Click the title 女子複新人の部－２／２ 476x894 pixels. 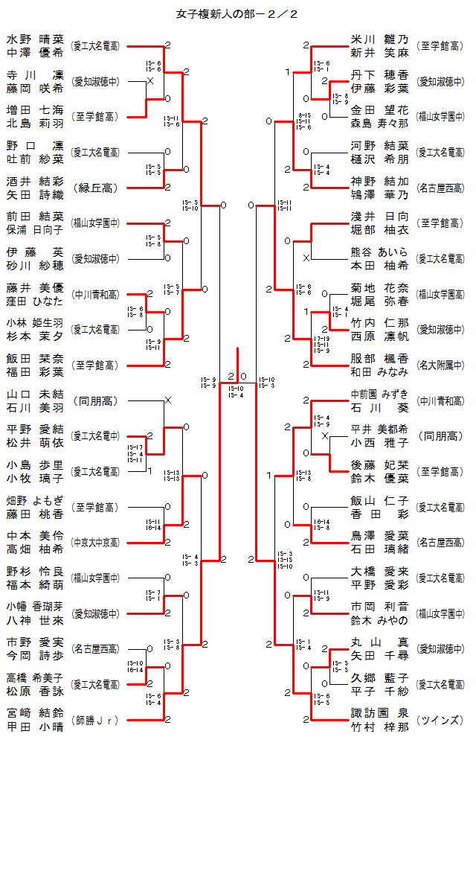238,13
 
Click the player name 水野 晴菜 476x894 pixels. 36,39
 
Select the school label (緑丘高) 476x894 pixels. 94,188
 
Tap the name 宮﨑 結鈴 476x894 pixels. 36,713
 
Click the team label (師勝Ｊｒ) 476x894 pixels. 94,721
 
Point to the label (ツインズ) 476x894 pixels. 440,720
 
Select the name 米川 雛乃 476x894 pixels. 379,39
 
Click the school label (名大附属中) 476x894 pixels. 440,365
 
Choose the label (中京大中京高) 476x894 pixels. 94,543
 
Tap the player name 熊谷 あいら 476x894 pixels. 379,252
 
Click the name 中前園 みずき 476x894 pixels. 379,394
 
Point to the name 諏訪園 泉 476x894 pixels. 379,713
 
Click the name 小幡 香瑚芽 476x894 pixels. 36,607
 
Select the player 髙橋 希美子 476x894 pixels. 36,677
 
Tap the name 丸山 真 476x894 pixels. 379,642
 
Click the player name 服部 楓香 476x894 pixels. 379,358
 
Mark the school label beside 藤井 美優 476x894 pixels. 94,294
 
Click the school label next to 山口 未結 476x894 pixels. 94,400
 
